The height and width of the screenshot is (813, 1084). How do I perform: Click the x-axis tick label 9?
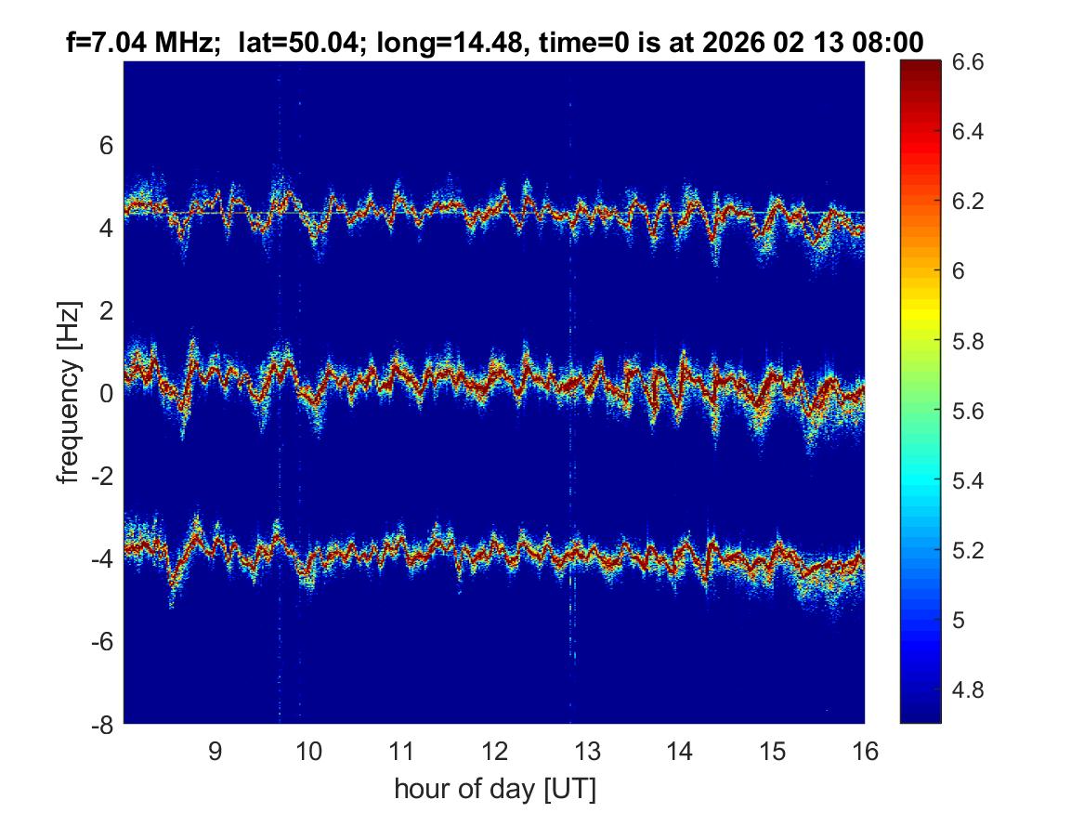click(215, 751)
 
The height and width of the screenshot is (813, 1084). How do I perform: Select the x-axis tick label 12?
click(494, 751)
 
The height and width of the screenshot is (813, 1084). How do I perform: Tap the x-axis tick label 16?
click(865, 751)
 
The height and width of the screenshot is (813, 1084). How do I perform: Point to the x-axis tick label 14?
click(679, 751)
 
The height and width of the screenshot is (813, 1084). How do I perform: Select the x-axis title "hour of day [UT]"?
click(494, 790)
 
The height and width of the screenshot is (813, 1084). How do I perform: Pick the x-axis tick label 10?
click(308, 751)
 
